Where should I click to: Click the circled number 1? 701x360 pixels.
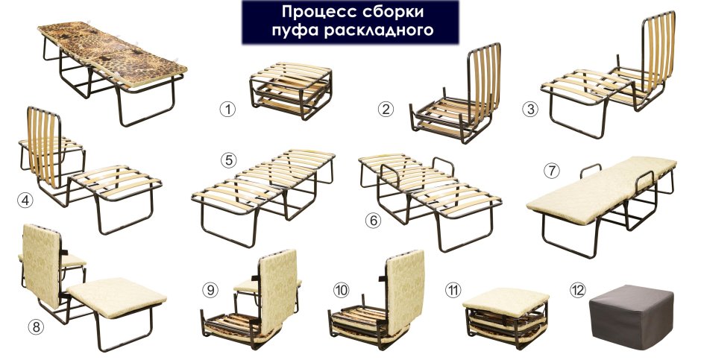[x=227, y=109]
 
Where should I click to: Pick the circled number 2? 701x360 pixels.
[x=386, y=110]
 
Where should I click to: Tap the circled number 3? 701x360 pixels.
[x=530, y=110]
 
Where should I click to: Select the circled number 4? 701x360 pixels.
[x=25, y=200]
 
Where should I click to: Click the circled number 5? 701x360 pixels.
[x=228, y=159]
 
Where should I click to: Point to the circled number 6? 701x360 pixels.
[x=372, y=221]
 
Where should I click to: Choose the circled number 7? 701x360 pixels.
[x=552, y=170]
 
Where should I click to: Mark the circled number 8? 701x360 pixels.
[x=36, y=325]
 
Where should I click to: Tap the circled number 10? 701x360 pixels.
[x=341, y=288]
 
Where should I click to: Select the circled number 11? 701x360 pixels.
[x=453, y=288]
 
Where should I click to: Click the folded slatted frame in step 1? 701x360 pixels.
[x=289, y=89]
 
